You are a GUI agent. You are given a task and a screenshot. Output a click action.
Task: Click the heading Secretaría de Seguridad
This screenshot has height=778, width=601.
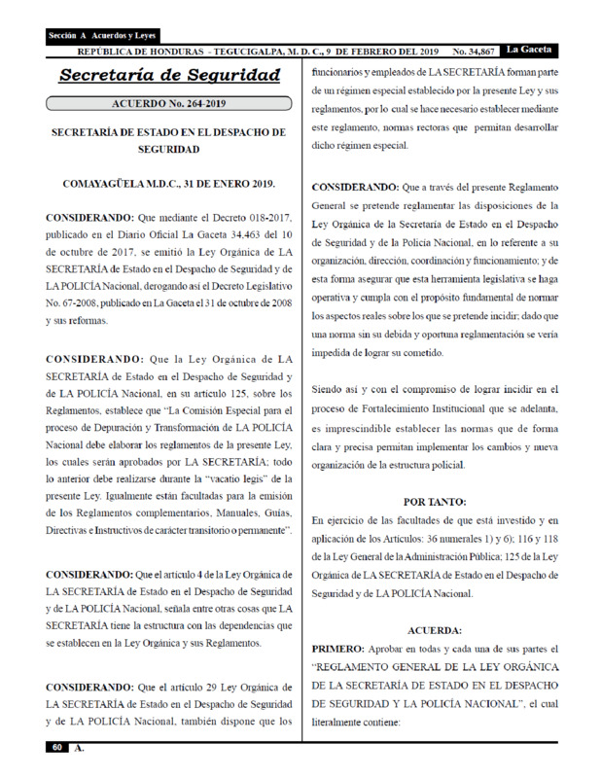169,75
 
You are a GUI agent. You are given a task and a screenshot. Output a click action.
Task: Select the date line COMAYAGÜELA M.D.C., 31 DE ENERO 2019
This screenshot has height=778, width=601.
169,183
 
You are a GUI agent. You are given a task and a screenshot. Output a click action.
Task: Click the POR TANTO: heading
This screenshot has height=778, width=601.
434,502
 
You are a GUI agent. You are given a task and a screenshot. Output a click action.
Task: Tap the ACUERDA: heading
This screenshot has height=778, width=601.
434,629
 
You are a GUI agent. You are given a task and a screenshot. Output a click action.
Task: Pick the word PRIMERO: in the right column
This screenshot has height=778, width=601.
337,647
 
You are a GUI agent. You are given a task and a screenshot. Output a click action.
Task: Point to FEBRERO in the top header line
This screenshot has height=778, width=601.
350,50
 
